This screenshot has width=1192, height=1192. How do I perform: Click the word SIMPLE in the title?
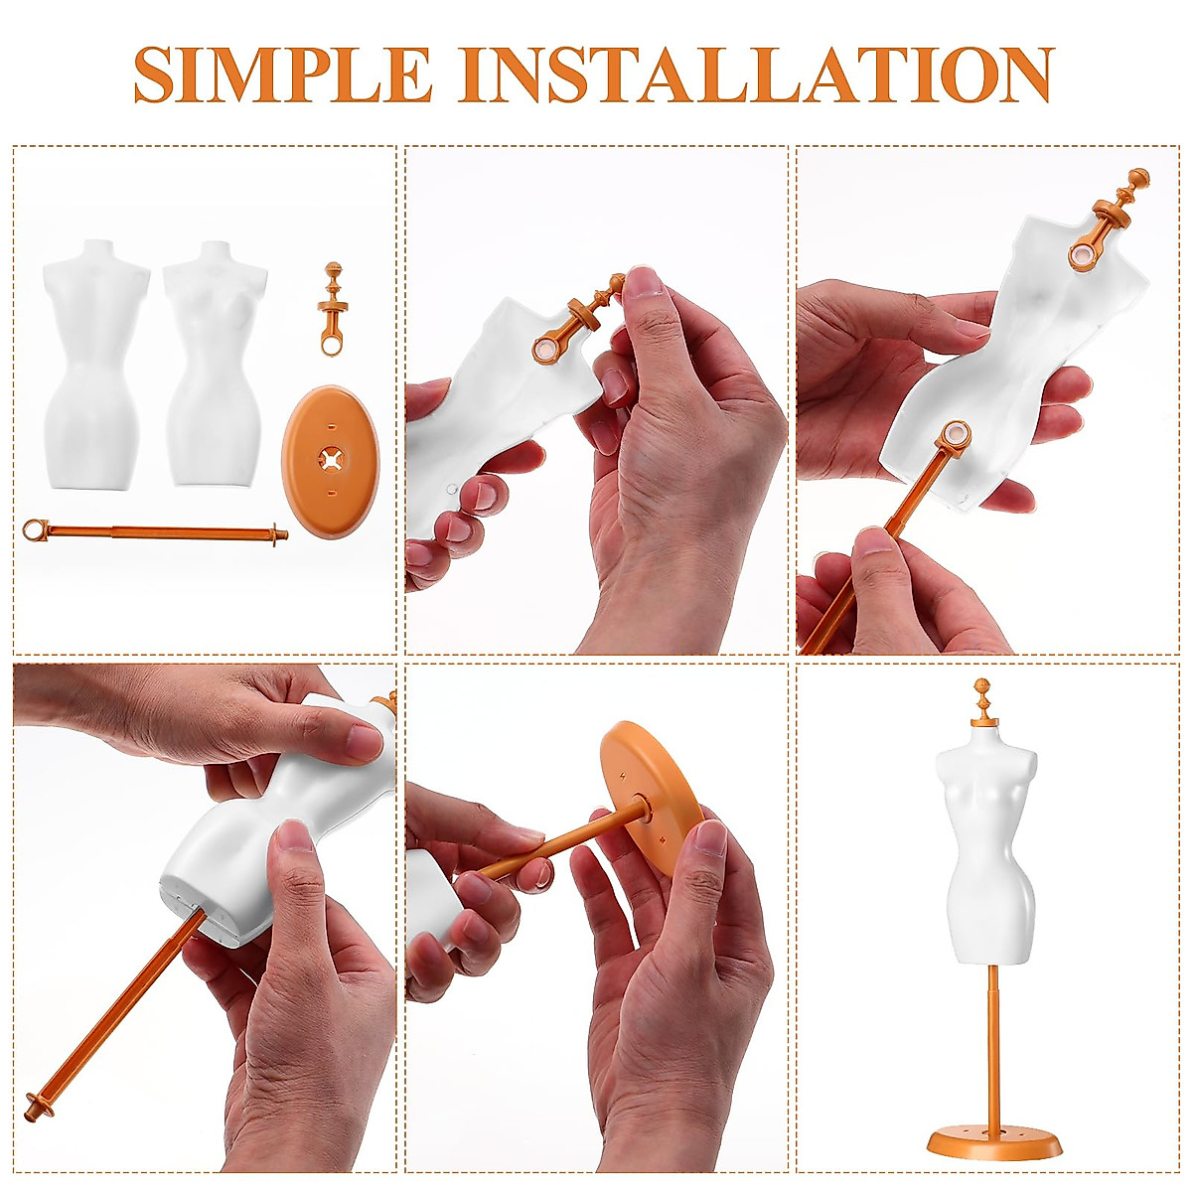click(x=283, y=74)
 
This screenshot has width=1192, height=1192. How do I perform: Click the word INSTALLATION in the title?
click(x=755, y=74)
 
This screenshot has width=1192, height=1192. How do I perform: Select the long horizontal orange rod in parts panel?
click(x=159, y=532)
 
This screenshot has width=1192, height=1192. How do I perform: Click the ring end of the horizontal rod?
click(x=35, y=529)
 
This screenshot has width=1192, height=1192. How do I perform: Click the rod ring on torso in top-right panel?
click(x=956, y=435)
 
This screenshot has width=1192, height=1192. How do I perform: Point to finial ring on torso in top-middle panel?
click(x=547, y=350)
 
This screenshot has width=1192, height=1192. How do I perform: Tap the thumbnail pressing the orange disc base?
click(x=709, y=839)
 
